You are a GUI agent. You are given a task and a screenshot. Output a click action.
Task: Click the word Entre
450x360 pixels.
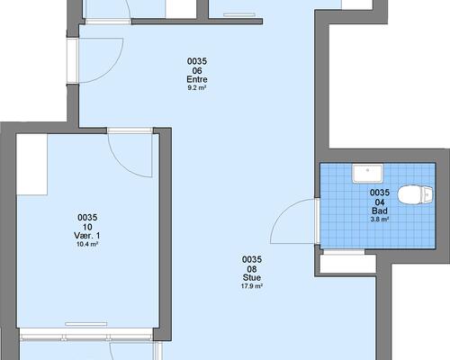coord(197,79)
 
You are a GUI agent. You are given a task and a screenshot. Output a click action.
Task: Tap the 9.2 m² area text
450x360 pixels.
coord(197,88)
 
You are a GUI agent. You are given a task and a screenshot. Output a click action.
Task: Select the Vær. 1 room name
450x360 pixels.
coord(87,236)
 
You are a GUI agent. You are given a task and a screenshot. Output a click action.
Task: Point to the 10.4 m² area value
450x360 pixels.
coord(87,244)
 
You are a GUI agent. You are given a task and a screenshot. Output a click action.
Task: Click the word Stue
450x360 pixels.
coord(252,277)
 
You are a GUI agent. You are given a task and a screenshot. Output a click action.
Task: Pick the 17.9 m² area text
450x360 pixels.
coord(252,286)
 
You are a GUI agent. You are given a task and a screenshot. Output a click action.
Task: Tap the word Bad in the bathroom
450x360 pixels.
coord(380,211)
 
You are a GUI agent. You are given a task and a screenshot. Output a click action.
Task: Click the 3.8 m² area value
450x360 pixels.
coord(380,220)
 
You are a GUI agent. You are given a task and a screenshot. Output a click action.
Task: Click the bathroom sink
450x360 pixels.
coord(368,174)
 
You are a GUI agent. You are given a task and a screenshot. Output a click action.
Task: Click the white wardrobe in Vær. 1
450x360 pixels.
coord(31,165)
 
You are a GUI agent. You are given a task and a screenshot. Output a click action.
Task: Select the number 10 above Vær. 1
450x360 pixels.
coord(87,227)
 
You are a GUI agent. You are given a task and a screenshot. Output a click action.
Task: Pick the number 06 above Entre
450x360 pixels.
coord(197,70)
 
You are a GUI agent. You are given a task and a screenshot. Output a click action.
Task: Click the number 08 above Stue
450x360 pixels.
coord(252,268)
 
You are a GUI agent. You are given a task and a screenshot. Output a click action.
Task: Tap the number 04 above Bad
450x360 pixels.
coord(380,202)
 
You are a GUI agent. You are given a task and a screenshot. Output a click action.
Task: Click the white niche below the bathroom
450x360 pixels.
coord(348,264)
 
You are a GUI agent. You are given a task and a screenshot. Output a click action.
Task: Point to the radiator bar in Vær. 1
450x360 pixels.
coord(86,324)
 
